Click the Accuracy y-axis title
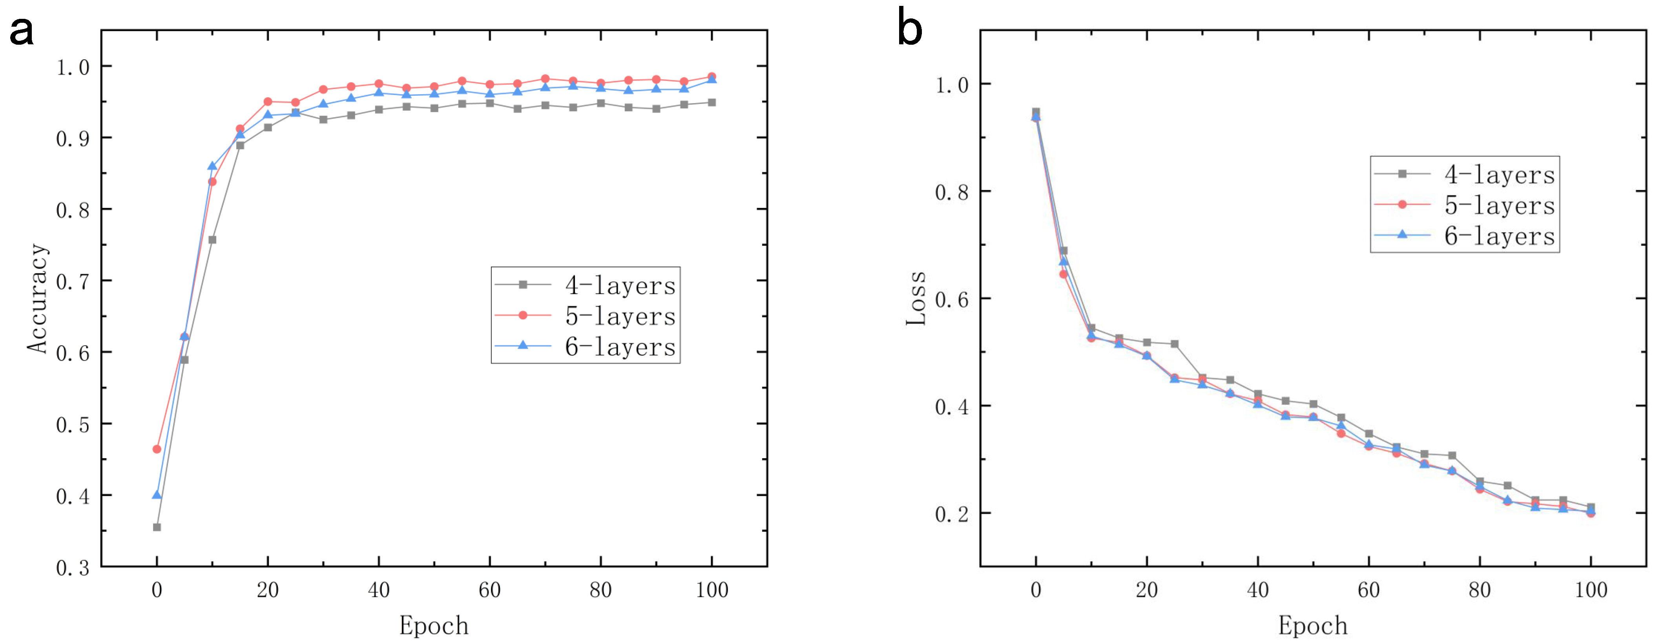tap(37, 298)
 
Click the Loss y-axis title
tap(916, 298)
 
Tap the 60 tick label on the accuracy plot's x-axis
tap(489, 589)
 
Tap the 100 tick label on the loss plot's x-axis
tap(1591, 589)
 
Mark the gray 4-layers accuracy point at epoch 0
tap(157, 527)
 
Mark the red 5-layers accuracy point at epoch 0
tap(157, 449)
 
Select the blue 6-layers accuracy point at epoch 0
tap(157, 495)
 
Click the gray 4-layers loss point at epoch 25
tap(1174, 344)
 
